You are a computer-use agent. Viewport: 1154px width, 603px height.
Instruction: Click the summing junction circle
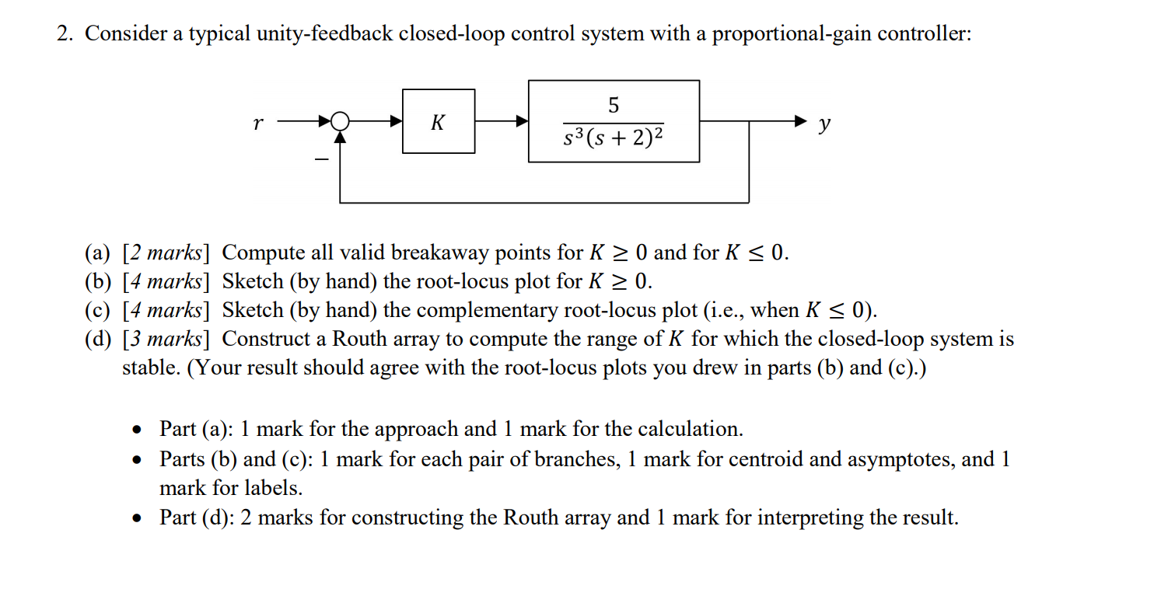point(340,121)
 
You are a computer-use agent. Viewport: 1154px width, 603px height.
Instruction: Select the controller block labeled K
point(439,121)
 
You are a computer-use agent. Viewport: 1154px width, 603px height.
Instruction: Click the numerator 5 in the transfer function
point(614,104)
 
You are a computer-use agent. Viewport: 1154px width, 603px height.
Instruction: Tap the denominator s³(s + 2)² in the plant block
point(614,139)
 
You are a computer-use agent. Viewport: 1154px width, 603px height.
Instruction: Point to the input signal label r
point(257,122)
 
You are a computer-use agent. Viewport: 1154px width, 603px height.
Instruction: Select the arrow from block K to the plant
point(502,121)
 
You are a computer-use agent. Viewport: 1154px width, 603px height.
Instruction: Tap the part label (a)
point(99,253)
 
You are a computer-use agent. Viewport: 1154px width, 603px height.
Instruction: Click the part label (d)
point(99,340)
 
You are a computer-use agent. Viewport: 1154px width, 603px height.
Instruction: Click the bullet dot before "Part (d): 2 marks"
point(138,518)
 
